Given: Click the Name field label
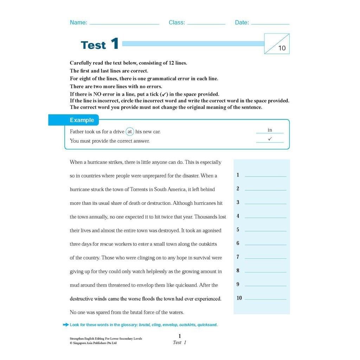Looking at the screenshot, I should pyautogui.click(x=78, y=22).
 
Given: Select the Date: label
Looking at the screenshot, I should pyautogui.click(x=242, y=22).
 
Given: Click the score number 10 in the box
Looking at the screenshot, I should pyautogui.click(x=282, y=48).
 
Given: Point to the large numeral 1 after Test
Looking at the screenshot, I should pyautogui.click(x=115, y=44).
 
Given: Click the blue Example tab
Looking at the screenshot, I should pyautogui.click(x=82, y=120).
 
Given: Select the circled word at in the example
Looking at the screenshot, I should pyautogui.click(x=130, y=132).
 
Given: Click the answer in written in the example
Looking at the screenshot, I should pyautogui.click(x=270, y=130).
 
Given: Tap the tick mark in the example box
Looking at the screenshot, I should pyautogui.click(x=270, y=139).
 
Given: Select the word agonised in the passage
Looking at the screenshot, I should pyautogui.click(x=210, y=231).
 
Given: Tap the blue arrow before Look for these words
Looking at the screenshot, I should pyautogui.click(x=65, y=324).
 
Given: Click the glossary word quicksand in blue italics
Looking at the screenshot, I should pyautogui.click(x=207, y=325).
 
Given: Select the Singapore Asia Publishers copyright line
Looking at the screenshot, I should pyautogui.click(x=93, y=343).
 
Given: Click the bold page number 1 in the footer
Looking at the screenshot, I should pyautogui.click(x=180, y=336).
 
